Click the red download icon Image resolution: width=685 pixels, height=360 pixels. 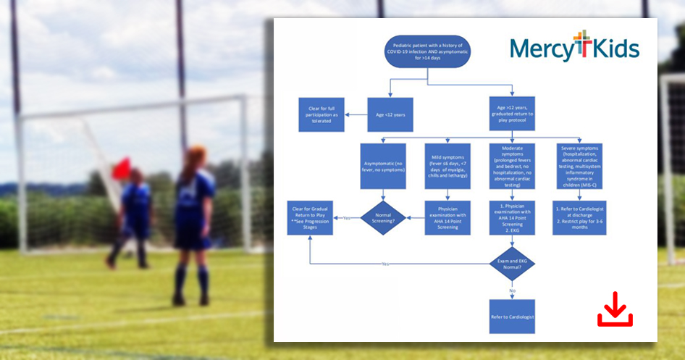point(615,309)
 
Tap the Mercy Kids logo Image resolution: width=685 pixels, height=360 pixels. point(574,47)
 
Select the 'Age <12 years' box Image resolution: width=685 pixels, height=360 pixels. point(390,114)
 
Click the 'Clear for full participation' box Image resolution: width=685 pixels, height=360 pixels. point(321,114)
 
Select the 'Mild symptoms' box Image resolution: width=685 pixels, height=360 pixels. point(447,166)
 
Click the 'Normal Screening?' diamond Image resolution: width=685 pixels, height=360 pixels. point(384,217)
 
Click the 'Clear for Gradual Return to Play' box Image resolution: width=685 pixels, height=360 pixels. point(310,217)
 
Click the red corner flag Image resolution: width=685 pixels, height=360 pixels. point(121,168)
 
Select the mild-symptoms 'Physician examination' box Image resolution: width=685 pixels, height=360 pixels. point(447,217)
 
